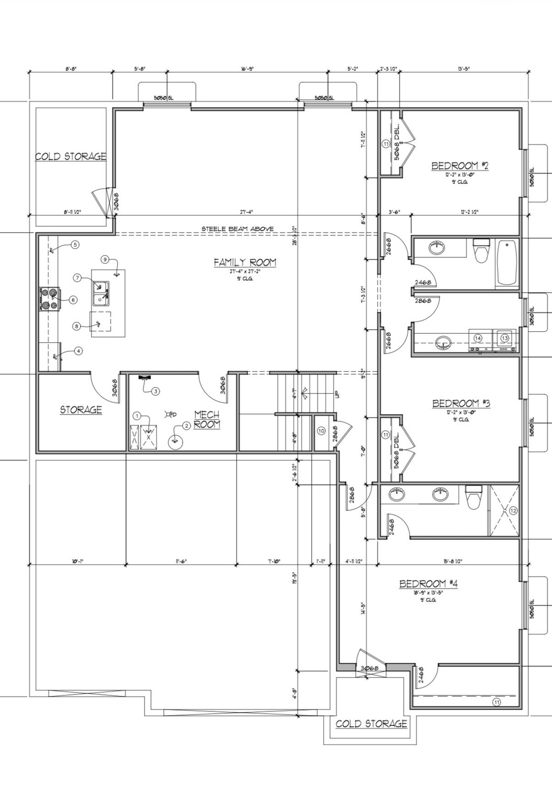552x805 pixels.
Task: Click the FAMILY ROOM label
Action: pos(245,263)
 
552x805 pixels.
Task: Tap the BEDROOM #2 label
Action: pos(460,166)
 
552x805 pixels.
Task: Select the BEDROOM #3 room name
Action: pos(461,403)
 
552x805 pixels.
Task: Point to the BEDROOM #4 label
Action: pos(428,584)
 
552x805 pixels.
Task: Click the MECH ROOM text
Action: pos(207,420)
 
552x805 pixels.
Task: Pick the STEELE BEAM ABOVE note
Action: pos(238,229)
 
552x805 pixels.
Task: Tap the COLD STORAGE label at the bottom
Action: pos(371,724)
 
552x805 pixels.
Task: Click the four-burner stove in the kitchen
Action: pos(48,299)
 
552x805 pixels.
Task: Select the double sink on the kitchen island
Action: pos(101,293)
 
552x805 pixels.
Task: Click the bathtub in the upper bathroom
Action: pos(506,262)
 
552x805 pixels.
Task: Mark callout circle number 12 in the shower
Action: pos(513,510)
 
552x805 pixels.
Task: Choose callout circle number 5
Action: pos(75,245)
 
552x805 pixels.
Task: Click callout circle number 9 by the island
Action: pos(105,259)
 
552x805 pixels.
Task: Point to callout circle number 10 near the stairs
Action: pos(321,431)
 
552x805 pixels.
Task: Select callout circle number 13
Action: pos(504,339)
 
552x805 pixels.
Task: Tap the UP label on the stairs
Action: pos(335,394)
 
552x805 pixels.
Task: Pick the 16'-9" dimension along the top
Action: pos(247,69)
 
